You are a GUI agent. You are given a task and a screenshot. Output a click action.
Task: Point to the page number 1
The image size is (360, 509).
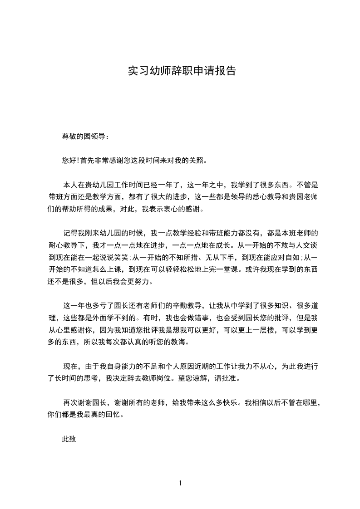(x=180, y=483)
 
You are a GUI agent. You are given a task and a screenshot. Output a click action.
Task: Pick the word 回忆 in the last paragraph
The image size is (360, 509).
(x=112, y=414)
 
